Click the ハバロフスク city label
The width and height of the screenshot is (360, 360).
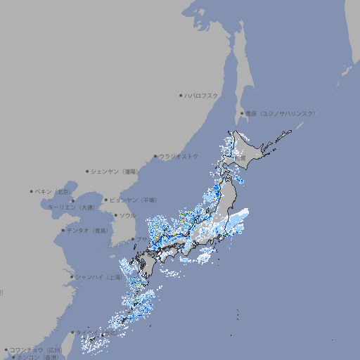point(202,95)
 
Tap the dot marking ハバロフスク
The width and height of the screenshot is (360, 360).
point(181,95)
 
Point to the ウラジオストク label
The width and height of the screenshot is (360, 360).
point(179,156)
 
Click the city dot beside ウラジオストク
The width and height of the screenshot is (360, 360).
point(155,156)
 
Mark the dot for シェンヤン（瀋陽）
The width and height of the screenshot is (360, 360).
point(87,171)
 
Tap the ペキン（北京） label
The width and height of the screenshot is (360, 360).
point(54,191)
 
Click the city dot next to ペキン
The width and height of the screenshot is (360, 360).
point(32,191)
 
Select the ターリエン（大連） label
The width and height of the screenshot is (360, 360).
point(71,207)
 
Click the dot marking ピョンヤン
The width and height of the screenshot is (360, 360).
point(107,200)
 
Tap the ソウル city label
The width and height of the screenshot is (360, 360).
point(127,215)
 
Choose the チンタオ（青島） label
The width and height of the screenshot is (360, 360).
point(87,231)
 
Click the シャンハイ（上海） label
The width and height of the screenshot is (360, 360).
point(99,277)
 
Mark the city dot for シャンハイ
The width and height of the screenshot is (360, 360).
point(72,277)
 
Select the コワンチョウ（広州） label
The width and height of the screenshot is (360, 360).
point(35,349)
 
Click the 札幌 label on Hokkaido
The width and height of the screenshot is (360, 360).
point(240,158)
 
